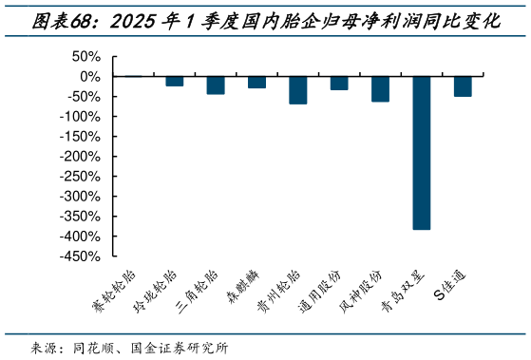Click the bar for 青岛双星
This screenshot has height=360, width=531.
(422, 152)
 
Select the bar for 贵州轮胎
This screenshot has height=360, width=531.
(298, 89)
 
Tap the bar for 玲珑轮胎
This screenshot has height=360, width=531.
(175, 81)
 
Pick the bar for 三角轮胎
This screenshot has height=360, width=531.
(216, 85)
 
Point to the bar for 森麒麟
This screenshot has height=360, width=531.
(257, 82)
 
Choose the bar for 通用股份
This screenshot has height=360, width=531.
(339, 83)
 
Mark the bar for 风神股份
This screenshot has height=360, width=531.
(380, 88)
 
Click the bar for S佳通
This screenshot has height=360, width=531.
(463, 85)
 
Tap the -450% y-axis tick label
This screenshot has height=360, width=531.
(82, 256)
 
